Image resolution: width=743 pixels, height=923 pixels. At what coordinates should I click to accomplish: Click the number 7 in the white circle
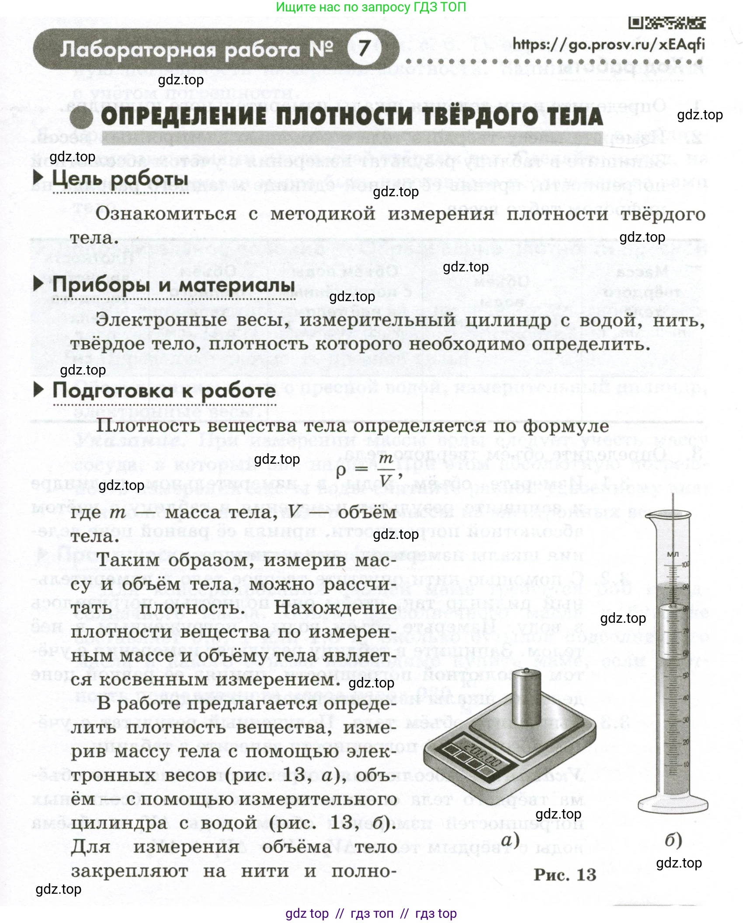click(364, 48)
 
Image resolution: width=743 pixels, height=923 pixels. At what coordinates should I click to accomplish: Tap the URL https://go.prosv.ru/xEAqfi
click(608, 44)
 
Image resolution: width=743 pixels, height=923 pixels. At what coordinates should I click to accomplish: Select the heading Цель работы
click(120, 179)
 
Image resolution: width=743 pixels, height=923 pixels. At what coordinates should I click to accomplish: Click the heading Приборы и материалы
click(174, 285)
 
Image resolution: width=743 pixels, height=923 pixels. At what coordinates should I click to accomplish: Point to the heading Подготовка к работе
click(164, 390)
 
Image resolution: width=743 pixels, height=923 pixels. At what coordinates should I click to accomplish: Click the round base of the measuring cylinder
click(673, 803)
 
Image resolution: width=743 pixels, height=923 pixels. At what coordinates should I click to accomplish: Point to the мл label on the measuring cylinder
click(673, 554)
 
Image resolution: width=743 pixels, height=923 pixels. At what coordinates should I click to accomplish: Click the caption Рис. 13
click(565, 874)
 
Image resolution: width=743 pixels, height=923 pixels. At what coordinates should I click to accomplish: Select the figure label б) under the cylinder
click(673, 840)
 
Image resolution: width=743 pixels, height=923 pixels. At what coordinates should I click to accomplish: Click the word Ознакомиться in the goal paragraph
click(166, 214)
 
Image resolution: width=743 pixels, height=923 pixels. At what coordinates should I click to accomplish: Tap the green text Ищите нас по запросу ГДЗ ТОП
click(371, 7)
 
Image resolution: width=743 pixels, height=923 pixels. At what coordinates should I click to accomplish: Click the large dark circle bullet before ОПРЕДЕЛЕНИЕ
click(81, 118)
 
